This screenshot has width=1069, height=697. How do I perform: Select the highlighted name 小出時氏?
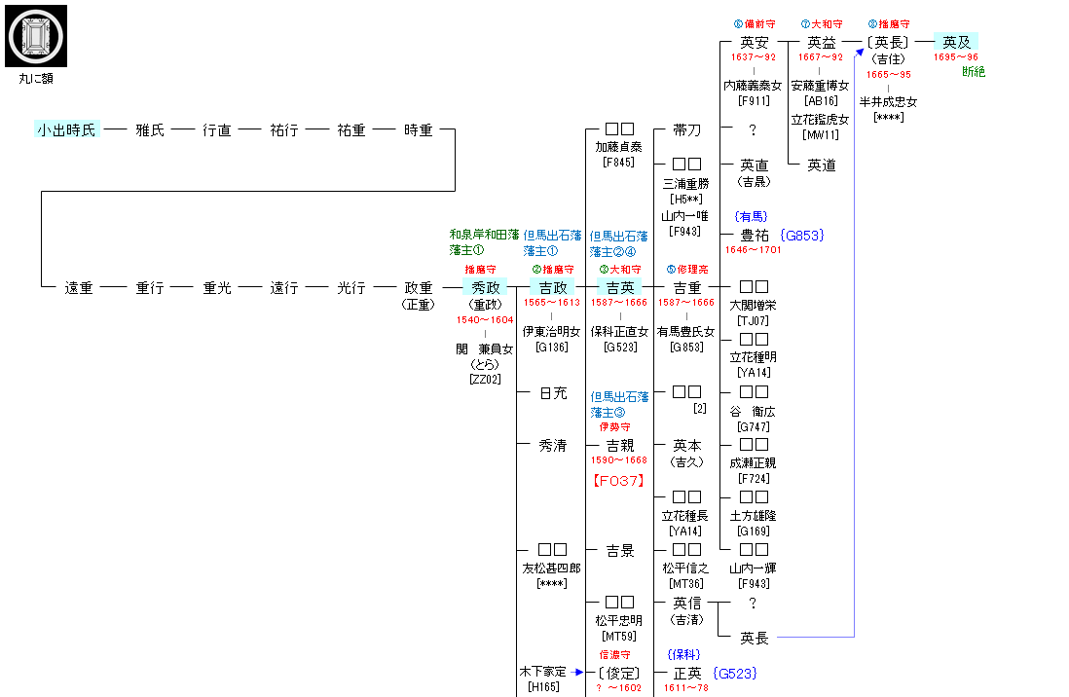tap(67, 129)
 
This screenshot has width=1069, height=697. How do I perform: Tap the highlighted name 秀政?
tap(486, 287)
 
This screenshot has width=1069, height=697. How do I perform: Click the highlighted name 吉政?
tap(552, 287)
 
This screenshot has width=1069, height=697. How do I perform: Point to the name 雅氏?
tap(150, 129)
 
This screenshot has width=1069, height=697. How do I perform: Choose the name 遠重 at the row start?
tap(79, 288)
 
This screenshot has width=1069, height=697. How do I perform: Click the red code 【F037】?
tap(619, 480)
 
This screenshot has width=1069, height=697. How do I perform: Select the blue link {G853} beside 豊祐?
tap(803, 235)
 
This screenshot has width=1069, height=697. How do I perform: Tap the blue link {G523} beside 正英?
tap(735, 673)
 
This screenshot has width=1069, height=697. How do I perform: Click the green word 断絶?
tap(974, 72)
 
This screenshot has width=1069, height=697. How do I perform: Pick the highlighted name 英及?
tap(957, 42)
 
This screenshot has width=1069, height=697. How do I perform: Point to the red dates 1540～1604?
tap(485, 319)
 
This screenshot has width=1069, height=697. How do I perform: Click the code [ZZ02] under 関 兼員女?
tap(485, 379)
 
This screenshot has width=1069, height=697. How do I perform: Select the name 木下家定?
tap(542, 672)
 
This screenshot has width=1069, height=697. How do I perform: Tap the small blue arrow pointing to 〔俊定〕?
tap(578, 673)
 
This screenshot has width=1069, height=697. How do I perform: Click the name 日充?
tap(553, 393)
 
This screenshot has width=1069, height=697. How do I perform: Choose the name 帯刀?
tap(687, 129)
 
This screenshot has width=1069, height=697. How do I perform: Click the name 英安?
tap(755, 43)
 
